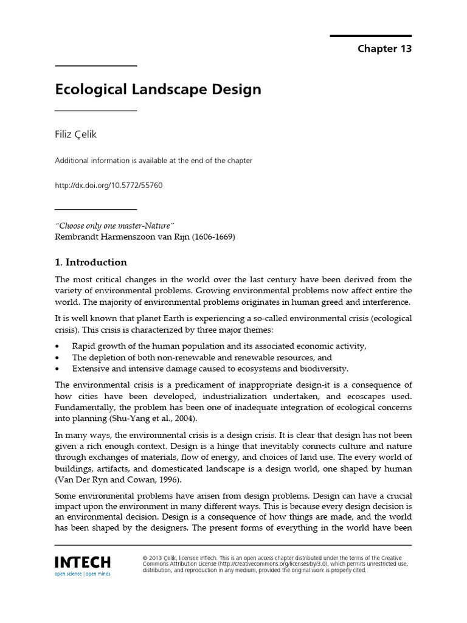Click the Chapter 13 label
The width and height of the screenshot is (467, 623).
[x=384, y=49]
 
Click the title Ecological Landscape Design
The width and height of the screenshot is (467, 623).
[x=158, y=89]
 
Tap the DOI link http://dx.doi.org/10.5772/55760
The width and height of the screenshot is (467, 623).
[x=109, y=185]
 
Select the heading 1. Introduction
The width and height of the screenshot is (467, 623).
[x=91, y=262]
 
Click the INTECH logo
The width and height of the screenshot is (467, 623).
[x=83, y=562]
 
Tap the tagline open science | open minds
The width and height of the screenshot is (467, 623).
[x=83, y=574]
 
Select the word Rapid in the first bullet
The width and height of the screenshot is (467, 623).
[x=84, y=346]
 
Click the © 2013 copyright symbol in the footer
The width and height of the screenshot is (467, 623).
[x=144, y=557]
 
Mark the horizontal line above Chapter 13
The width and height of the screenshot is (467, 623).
[x=371, y=36]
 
